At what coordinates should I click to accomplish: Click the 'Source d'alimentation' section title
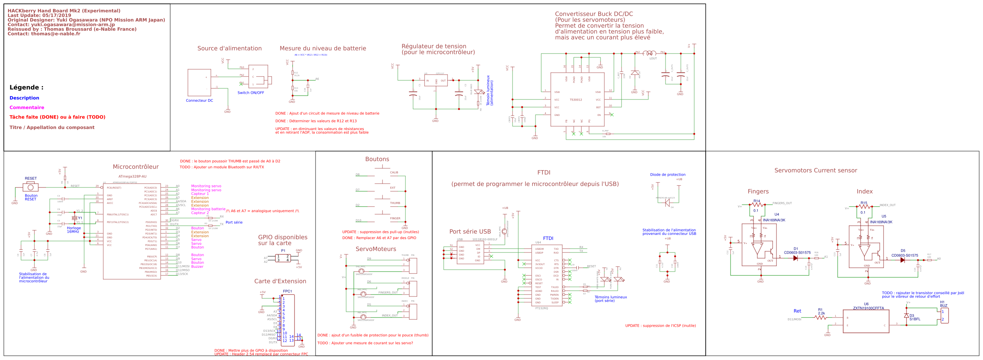pyautogui.click(x=229, y=49)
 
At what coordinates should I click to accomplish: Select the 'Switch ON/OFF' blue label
pyautogui.click(x=251, y=93)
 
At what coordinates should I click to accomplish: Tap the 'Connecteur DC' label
pyautogui.click(x=199, y=101)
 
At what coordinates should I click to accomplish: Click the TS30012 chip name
pyautogui.click(x=576, y=100)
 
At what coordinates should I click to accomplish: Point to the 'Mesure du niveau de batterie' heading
pyautogui.click(x=322, y=49)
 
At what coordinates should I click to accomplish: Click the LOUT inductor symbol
pyautogui.click(x=649, y=54)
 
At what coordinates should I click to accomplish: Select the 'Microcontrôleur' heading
pyautogui.click(x=135, y=167)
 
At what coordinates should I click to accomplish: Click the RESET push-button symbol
pyautogui.click(x=31, y=187)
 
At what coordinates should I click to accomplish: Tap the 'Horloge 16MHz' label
pyautogui.click(x=73, y=230)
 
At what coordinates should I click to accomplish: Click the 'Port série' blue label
pyautogui.click(x=234, y=222)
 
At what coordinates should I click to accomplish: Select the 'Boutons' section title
pyautogui.click(x=377, y=159)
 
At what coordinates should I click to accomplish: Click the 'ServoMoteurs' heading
pyautogui.click(x=376, y=249)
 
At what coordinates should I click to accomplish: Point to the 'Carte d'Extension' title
pyautogui.click(x=280, y=281)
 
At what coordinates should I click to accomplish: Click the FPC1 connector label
pyautogui.click(x=287, y=292)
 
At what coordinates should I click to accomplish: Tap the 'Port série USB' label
pyautogui.click(x=470, y=232)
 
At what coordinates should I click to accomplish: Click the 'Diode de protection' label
pyautogui.click(x=667, y=175)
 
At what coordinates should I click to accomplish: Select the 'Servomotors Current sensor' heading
pyautogui.click(x=815, y=171)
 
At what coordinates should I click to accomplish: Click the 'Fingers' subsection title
pyautogui.click(x=758, y=192)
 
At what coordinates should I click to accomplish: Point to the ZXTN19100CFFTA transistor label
pyautogui.click(x=868, y=308)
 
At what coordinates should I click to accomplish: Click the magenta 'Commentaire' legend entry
pyautogui.click(x=27, y=108)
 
